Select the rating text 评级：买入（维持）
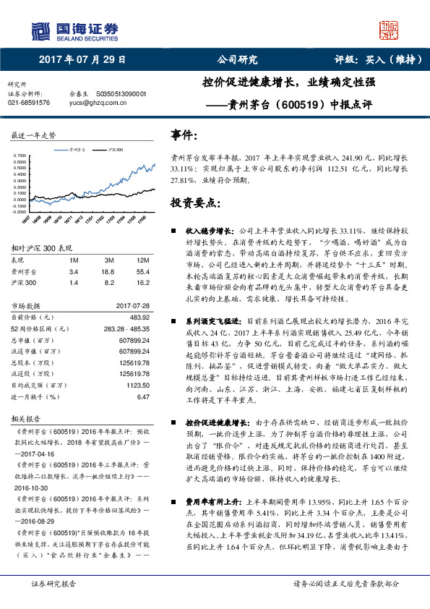click(368, 61)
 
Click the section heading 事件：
click(184, 135)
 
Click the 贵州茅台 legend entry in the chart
click(76, 149)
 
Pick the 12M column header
click(142, 260)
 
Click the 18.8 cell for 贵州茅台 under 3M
click(110, 271)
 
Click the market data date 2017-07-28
click(132, 306)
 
